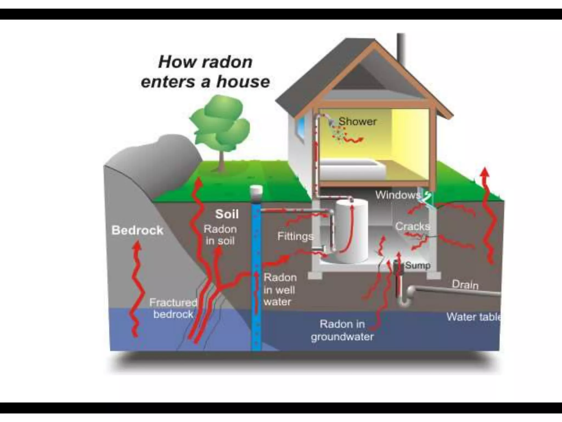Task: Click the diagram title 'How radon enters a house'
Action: [x=205, y=72]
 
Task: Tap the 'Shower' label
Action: [x=357, y=121]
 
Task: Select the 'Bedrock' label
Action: [x=137, y=230]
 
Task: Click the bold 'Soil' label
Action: [x=227, y=214]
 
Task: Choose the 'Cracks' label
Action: [x=412, y=226]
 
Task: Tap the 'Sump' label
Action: [x=418, y=265]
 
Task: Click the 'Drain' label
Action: [x=465, y=285]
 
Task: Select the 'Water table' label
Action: [x=473, y=317]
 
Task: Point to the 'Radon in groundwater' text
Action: [x=342, y=330]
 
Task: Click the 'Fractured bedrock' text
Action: [x=173, y=308]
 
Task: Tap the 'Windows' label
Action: [x=398, y=195]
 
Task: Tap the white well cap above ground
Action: [x=256, y=190]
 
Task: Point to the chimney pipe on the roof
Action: [x=401, y=47]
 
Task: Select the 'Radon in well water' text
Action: [x=280, y=290]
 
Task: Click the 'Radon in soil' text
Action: [x=220, y=235]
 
